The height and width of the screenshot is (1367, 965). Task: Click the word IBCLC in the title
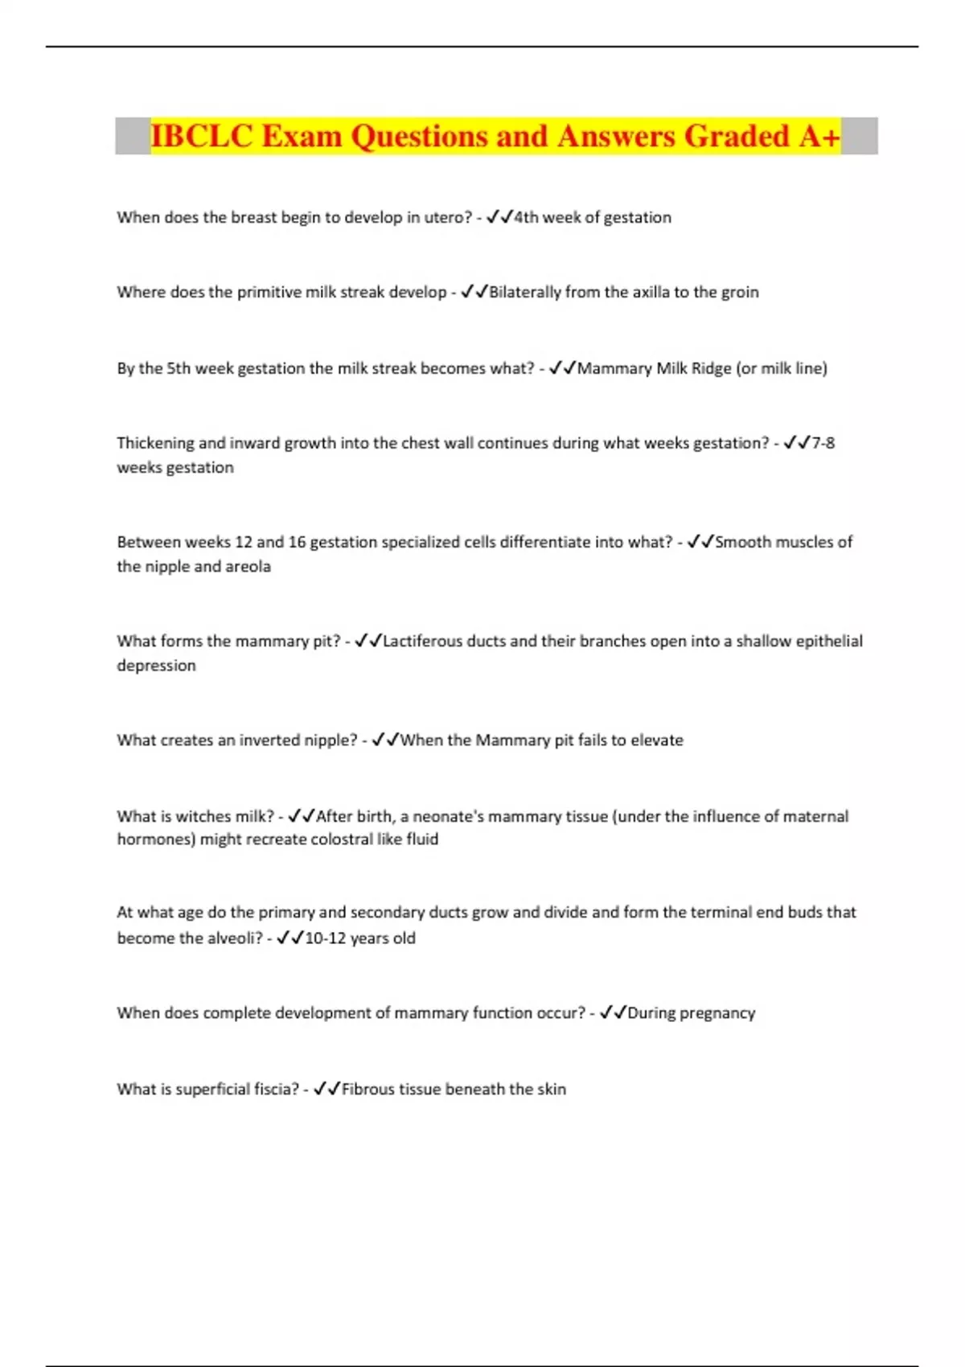coord(201,136)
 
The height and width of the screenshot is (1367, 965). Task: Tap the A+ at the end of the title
coord(819,136)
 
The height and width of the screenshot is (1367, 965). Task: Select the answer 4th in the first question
coord(526,217)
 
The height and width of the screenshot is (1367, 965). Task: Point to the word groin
coord(739,292)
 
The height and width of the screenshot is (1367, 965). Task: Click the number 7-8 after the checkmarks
coord(823,442)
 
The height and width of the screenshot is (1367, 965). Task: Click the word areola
coord(248,566)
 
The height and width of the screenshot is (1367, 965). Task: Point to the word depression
coord(156,665)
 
